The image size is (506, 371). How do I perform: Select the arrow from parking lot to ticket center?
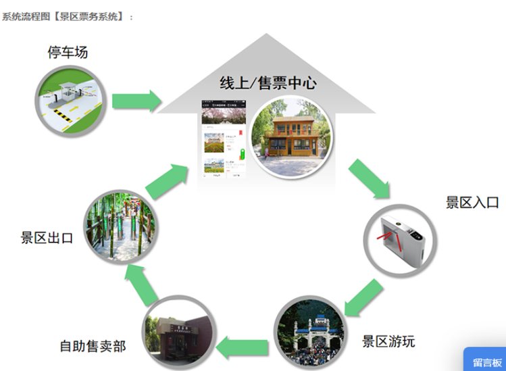click(x=136, y=101)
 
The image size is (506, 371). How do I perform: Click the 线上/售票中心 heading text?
click(x=268, y=83)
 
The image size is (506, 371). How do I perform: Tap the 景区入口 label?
click(x=472, y=202)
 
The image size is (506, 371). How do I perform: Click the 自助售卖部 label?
click(x=93, y=347)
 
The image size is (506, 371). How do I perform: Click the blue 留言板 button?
click(x=486, y=361)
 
